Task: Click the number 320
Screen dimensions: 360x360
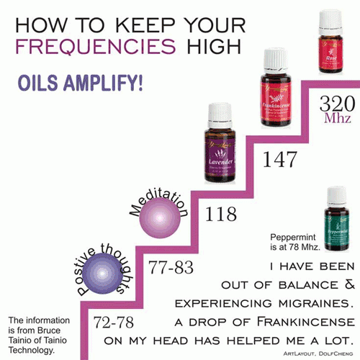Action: pyautogui.click(x=337, y=102)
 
